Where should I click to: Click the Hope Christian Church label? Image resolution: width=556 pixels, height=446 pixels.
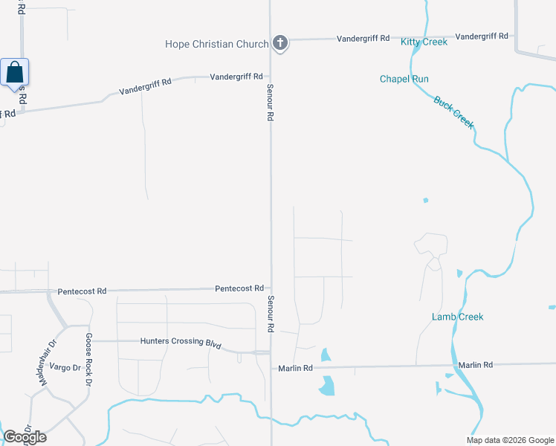[216, 44]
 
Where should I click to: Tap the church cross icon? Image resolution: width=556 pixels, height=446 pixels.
[280, 43]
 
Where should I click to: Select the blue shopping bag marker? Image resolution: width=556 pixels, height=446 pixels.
[14, 73]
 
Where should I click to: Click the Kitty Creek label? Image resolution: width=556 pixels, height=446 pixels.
[424, 42]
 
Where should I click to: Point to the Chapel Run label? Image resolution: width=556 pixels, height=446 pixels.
[404, 79]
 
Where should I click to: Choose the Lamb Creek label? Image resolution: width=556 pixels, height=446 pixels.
[458, 317]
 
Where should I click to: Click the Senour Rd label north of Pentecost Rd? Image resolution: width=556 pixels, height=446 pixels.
[271, 102]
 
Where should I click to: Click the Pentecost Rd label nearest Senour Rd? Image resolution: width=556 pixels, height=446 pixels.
[239, 288]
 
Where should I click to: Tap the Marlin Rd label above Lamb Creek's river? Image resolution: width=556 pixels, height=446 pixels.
[476, 365]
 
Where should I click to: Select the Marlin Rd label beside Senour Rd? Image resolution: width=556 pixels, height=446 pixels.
[296, 368]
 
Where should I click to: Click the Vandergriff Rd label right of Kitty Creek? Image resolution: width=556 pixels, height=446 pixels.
[482, 36]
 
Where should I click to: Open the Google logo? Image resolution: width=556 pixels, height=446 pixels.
[25, 437]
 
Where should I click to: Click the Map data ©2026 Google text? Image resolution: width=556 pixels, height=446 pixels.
[510, 440]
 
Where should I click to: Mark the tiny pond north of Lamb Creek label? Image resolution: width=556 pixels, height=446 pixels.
[425, 200]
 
